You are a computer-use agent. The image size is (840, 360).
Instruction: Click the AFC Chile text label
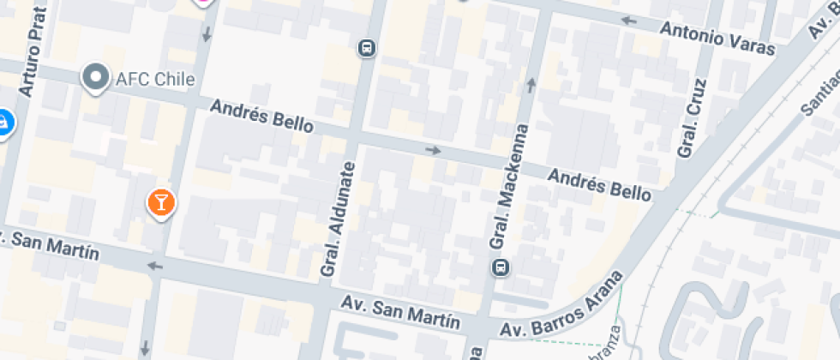coord(155,80)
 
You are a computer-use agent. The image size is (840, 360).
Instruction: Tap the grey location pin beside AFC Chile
coord(94,79)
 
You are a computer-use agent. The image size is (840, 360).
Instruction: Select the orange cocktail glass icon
coord(160,203)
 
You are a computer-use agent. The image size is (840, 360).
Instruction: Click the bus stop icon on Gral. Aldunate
coord(367,47)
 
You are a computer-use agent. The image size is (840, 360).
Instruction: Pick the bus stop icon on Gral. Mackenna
coord(500,268)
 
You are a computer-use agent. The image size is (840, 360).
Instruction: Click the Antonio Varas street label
coord(717,38)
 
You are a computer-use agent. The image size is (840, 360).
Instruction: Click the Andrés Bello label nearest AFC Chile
coord(261,117)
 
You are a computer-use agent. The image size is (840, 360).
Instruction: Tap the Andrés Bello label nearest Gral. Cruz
coord(599,183)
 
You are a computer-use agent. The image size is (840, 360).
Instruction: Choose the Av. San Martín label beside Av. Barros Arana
coord(400,312)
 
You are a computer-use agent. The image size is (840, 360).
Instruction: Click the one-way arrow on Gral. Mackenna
coord(531,84)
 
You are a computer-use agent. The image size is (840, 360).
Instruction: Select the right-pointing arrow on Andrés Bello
coord(434,151)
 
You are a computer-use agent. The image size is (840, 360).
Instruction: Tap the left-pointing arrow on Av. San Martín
coord(155,266)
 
